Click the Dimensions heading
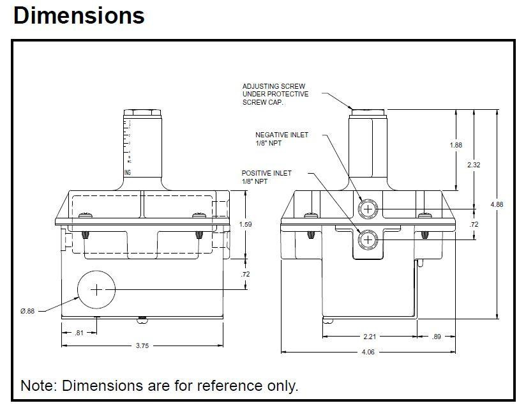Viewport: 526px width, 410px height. pyautogui.click(x=79, y=15)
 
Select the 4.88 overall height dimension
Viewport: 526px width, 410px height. pyautogui.click(x=496, y=204)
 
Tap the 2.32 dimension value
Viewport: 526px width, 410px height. pyautogui.click(x=474, y=165)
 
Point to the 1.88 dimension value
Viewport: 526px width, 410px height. pyautogui.click(x=456, y=145)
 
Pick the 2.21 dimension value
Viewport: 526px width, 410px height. pyautogui.click(x=368, y=336)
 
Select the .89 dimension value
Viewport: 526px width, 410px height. pyautogui.click(x=436, y=336)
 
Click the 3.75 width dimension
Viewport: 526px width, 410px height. pyautogui.click(x=142, y=345)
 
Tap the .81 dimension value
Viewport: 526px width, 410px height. pyautogui.click(x=79, y=332)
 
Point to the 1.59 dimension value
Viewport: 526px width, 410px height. pyautogui.click(x=244, y=224)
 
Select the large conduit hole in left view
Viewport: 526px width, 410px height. pyautogui.click(x=96, y=290)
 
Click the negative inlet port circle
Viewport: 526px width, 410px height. pyautogui.click(x=368, y=208)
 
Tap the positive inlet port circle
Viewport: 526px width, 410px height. pyautogui.click(x=368, y=239)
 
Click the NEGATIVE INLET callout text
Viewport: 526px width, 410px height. pyautogui.click(x=282, y=139)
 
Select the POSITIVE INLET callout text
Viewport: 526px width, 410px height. pyautogui.click(x=267, y=178)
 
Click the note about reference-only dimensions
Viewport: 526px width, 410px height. pyautogui.click(x=159, y=386)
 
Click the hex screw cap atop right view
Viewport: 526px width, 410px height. pyautogui.click(x=368, y=113)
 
